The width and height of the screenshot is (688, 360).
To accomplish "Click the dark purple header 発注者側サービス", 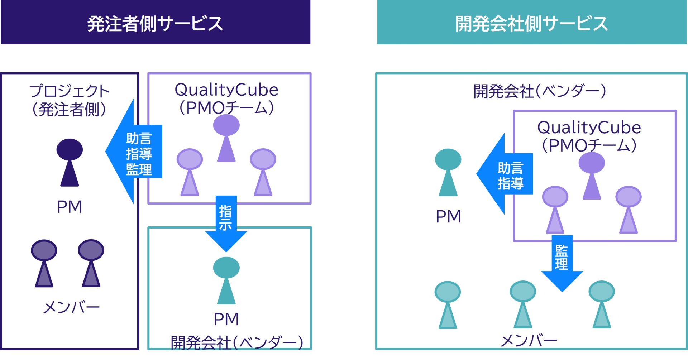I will tap(155, 23).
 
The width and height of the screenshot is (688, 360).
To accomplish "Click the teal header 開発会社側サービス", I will tap(532, 23).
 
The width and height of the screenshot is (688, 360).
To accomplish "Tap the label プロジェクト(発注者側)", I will tap(69, 100).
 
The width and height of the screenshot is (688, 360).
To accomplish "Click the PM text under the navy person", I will tap(70, 207).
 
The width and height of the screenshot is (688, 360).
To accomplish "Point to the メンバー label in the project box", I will tap(71, 307).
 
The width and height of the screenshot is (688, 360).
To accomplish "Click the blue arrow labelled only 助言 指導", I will tap(505, 174).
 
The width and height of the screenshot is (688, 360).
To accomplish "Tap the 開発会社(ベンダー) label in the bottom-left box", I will tap(237, 342).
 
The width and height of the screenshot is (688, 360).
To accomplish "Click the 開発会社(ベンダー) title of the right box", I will tap(540, 91).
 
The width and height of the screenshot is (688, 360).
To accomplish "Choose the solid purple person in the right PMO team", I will tap(592, 176).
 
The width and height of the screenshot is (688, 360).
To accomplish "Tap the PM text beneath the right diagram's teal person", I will tap(448, 216).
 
